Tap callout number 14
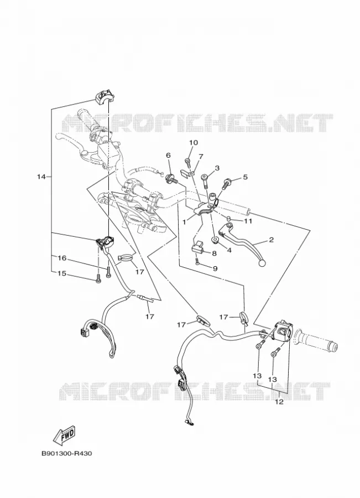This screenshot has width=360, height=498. (41, 177)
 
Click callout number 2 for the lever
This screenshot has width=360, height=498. (271, 240)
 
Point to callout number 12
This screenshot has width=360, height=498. (279, 402)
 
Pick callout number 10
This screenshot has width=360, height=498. (194, 143)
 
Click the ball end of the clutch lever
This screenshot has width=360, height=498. (262, 263)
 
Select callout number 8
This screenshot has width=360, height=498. (214, 253)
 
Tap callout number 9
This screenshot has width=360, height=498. (215, 269)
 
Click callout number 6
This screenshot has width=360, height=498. (168, 155)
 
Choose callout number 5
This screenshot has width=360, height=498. (245, 177)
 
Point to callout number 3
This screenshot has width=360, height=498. (217, 168)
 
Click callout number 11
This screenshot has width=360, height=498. (248, 221)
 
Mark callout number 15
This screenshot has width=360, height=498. (61, 273)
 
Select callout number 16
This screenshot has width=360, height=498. (61, 258)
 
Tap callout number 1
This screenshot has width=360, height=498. (184, 222)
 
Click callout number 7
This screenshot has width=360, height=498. (201, 157)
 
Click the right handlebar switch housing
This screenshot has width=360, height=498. (282, 331)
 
